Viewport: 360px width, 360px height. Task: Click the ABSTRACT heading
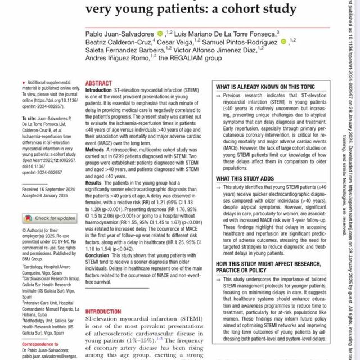[x=98, y=82]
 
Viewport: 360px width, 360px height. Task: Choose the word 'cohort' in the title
[x=236, y=9]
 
